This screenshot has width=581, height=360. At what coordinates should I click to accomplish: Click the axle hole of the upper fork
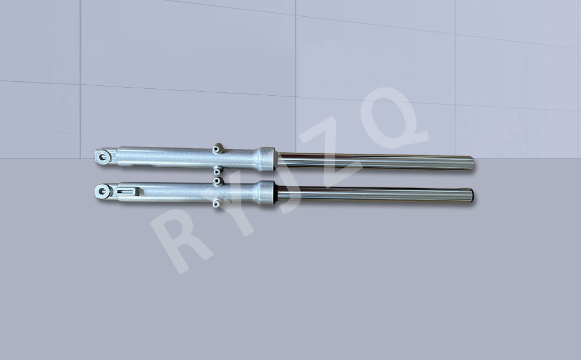[103, 157]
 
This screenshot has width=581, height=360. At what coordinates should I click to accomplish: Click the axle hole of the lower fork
[103, 192]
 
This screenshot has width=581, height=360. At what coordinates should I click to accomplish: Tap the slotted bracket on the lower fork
[127, 192]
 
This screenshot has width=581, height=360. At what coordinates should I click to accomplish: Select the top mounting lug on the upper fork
[217, 149]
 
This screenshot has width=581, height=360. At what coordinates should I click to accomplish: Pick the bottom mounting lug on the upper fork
[217, 171]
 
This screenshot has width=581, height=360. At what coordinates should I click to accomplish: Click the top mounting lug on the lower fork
[217, 181]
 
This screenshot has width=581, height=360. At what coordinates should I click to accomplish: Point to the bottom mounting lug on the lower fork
[217, 203]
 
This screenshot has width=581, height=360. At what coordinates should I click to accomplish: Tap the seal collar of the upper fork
[266, 159]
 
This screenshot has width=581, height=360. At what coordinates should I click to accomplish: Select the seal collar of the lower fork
[266, 193]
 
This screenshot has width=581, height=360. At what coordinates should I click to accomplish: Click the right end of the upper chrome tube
[472, 163]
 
